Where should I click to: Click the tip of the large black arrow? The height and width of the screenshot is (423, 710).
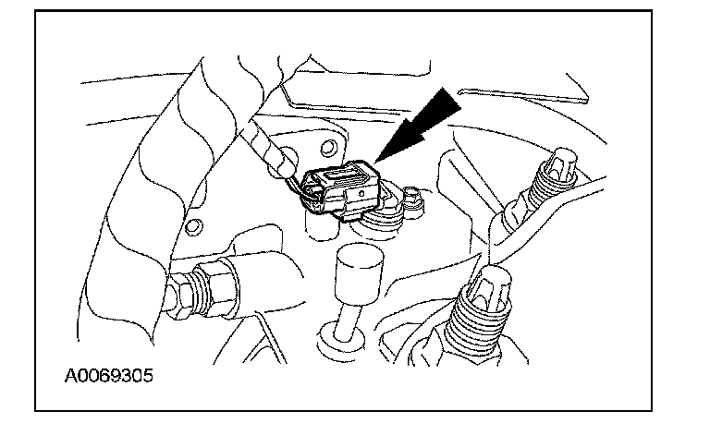pos(375,162)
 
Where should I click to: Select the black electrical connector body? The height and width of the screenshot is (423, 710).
pos(340,190)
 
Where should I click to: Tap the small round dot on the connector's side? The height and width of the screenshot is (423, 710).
pos(361,193)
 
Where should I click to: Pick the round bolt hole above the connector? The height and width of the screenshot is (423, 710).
pos(328,148)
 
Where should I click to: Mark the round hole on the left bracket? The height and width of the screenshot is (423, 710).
pos(194,226)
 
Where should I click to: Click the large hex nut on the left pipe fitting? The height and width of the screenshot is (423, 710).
pos(214,285)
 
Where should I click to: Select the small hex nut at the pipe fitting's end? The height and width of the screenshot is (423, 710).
pos(178,296)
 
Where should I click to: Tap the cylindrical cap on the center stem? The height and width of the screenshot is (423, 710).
pos(359,273)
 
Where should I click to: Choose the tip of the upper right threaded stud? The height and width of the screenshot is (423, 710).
pos(561,162)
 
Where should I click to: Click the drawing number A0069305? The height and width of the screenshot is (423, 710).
pos(109,376)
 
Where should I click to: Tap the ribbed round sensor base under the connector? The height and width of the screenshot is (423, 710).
pos(383,219)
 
